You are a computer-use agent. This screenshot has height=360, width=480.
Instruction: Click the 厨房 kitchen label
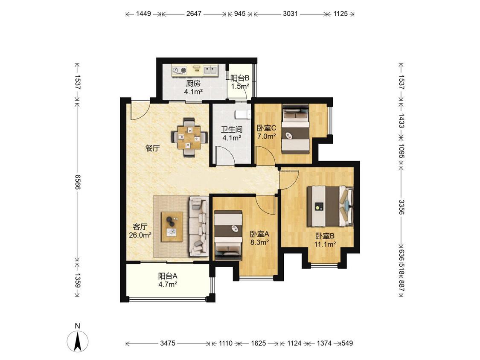(193, 83)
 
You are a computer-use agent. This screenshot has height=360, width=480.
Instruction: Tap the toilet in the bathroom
(244, 114)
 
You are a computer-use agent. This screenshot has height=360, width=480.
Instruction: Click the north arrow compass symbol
(78, 341)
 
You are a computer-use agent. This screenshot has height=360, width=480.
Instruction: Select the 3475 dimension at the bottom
(168, 343)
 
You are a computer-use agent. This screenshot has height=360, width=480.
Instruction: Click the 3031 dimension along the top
(290, 14)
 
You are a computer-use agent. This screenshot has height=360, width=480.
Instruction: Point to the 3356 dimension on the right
(401, 207)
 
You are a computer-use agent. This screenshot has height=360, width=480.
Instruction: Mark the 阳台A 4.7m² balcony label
(168, 280)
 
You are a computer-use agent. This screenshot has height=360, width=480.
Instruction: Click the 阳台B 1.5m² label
(240, 82)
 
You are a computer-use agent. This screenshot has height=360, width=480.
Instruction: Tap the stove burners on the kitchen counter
(179, 70)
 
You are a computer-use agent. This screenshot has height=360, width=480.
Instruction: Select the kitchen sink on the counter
(210, 70)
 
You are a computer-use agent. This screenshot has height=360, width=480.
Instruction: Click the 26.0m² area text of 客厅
(140, 235)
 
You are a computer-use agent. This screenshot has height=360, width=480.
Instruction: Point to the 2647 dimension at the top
(194, 14)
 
